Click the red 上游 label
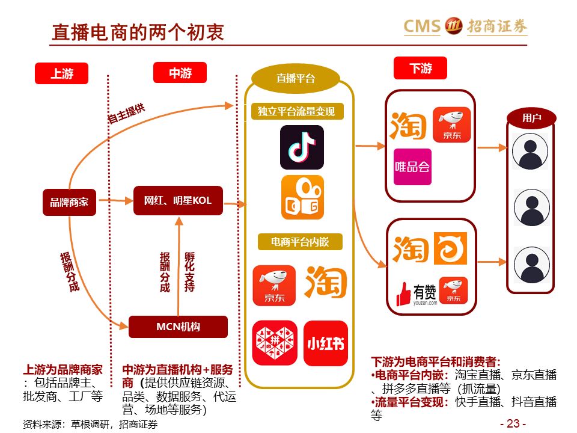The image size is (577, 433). point(62,73)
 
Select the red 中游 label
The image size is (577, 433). point(180,73)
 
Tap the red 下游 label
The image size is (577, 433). point(420,68)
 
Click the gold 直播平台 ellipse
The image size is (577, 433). point(295,78)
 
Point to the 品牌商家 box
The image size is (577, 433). point(69,202)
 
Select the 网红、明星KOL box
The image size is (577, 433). point(178,201)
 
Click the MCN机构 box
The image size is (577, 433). point(178,327)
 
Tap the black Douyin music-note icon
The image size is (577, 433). point(302,147)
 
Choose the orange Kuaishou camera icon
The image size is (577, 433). point(302,197)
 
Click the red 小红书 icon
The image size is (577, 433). point(325,343)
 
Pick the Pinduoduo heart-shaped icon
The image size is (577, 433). point(274,343)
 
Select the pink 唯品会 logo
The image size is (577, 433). point(412,167)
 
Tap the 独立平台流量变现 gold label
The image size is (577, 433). point(296,111)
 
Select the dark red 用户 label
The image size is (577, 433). point(531,118)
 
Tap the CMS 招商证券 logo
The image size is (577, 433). point(465,26)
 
